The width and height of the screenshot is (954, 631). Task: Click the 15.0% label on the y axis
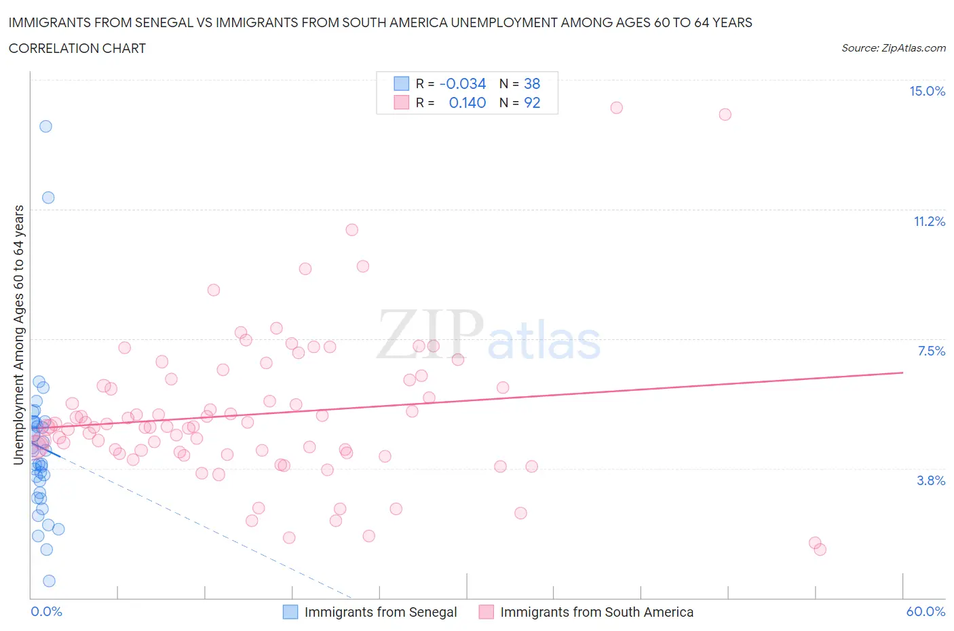coord(927,92)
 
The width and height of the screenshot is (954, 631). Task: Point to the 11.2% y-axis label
coord(929,222)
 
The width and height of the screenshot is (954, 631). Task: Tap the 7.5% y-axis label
coord(931,351)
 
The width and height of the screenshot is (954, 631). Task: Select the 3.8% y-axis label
coord(931,481)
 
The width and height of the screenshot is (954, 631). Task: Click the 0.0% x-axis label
coord(47,612)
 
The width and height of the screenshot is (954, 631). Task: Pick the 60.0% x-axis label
coord(926,612)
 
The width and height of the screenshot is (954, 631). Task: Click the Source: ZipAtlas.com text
coord(893,48)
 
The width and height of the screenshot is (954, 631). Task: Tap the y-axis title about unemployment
coord(19,335)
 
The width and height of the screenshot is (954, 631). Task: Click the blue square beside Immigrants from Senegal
coord(290,612)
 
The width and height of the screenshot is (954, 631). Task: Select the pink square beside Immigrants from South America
coord(486,612)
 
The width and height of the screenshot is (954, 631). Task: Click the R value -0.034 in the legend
coord(463,84)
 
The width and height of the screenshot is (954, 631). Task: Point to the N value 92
coord(532,103)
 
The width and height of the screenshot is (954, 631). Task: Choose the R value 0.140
coord(468,103)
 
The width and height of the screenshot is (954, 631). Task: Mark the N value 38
coord(532,84)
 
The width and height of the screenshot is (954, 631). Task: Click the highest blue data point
coord(45,126)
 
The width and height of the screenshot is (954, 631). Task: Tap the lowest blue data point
coord(49,581)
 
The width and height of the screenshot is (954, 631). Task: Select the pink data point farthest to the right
coord(820,550)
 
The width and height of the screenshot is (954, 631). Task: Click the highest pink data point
coord(616,108)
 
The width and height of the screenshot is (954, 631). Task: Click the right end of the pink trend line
coord(902,372)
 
